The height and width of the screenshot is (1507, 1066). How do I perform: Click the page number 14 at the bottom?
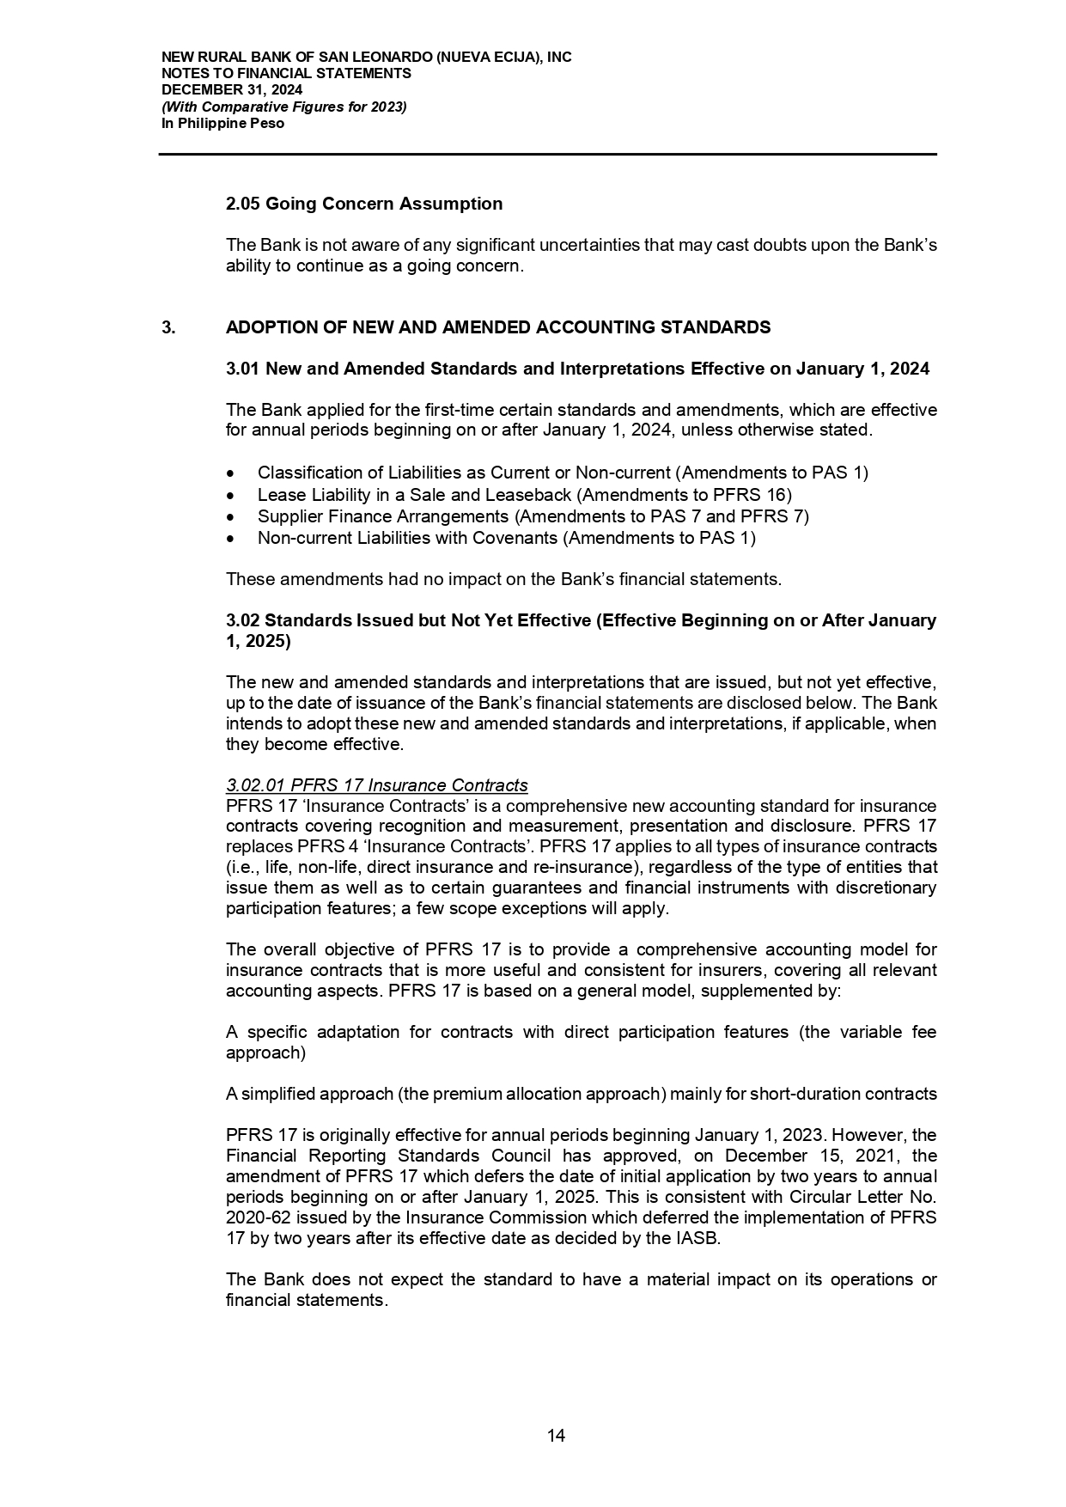coord(556,1436)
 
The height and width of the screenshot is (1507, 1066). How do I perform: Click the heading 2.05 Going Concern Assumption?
coord(364,204)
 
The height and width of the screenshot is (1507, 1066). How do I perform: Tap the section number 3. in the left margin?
coord(168,327)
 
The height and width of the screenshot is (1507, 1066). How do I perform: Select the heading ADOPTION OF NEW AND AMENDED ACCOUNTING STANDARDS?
coord(498,327)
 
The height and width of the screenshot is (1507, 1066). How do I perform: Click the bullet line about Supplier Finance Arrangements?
coord(533,516)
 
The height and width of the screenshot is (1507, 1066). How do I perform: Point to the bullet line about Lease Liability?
coord(524,495)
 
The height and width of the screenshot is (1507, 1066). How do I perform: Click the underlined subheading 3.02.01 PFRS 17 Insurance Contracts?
coord(376,785)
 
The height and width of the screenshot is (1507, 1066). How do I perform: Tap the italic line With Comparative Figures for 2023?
coord(284,107)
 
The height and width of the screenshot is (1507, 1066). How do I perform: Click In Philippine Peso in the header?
coord(222,123)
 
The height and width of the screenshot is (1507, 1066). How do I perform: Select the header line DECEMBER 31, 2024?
coord(232,90)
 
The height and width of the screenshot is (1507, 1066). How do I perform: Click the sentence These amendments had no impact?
coord(503,579)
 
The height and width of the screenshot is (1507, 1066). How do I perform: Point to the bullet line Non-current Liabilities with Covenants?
coord(506,538)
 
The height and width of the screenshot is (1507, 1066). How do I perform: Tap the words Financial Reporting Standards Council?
coord(371,1156)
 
